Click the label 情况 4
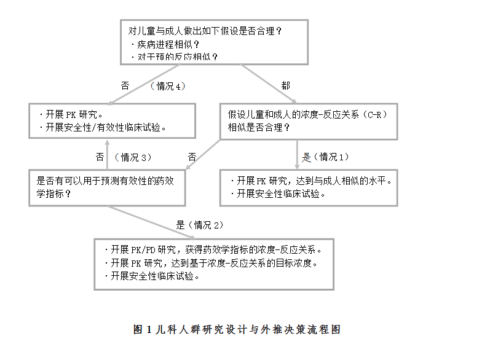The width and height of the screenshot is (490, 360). pos(168,86)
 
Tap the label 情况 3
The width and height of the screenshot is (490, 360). pos(133,157)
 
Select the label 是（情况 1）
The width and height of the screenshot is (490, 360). pos(325,157)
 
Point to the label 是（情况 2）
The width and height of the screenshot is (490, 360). pos(200,225)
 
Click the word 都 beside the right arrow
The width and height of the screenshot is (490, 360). pos(285,85)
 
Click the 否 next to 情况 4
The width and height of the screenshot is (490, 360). pos(125,86)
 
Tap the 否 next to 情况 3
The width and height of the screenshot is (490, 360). pos(100,157)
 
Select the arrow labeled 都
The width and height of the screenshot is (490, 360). pos(268,84)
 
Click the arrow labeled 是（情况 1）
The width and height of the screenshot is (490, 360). pos(297,155)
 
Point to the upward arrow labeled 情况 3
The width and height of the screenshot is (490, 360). pos(107,155)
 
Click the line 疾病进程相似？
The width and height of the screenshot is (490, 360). pos(165,45)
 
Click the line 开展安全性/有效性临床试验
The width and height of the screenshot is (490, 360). pos(103,127)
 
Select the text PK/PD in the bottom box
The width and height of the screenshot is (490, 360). pos(143,250)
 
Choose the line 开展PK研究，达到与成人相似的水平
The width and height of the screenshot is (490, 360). pos(311,181)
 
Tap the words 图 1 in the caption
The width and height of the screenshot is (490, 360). pos(143,329)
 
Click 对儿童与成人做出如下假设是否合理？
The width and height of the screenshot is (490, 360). pos(205,31)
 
